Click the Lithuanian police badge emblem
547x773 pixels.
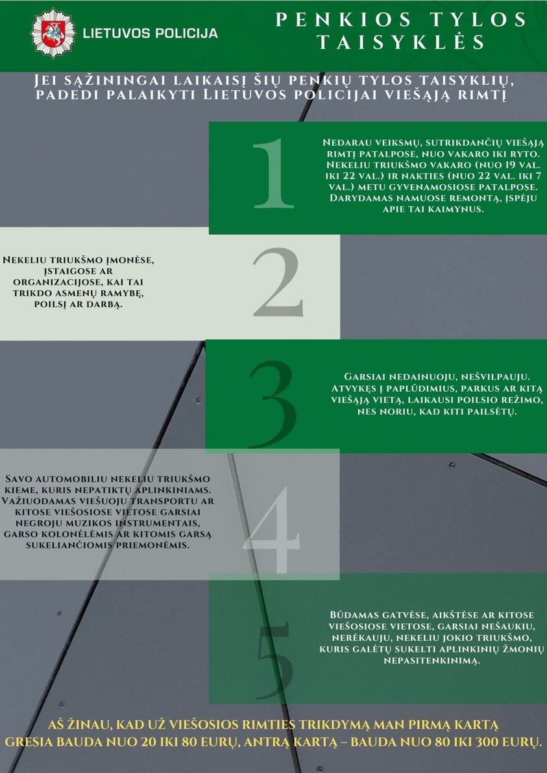[53, 34]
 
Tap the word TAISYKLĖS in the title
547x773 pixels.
[400, 42]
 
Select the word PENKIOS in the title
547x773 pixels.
[343, 19]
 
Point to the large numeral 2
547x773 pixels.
[278, 282]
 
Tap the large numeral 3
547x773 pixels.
[273, 404]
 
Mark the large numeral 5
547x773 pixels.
[274, 661]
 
